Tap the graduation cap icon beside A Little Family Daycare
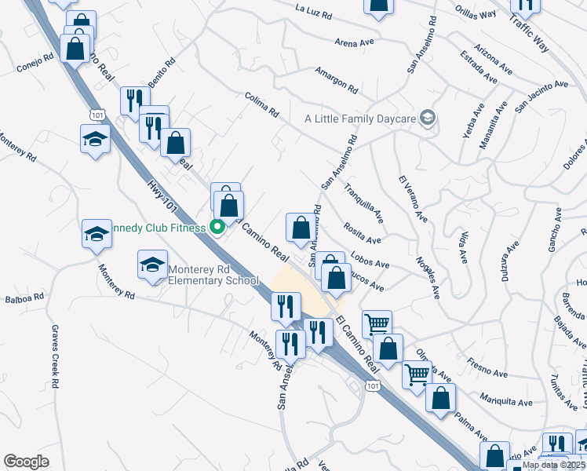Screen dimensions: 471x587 [427, 119]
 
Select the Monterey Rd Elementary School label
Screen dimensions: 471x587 [213, 274]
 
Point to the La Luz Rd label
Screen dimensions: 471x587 [315, 13]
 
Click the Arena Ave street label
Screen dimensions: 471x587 [351, 42]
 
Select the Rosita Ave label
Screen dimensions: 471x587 [362, 234]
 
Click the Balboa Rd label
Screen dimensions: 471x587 [21, 299]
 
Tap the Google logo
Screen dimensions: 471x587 [27, 461]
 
